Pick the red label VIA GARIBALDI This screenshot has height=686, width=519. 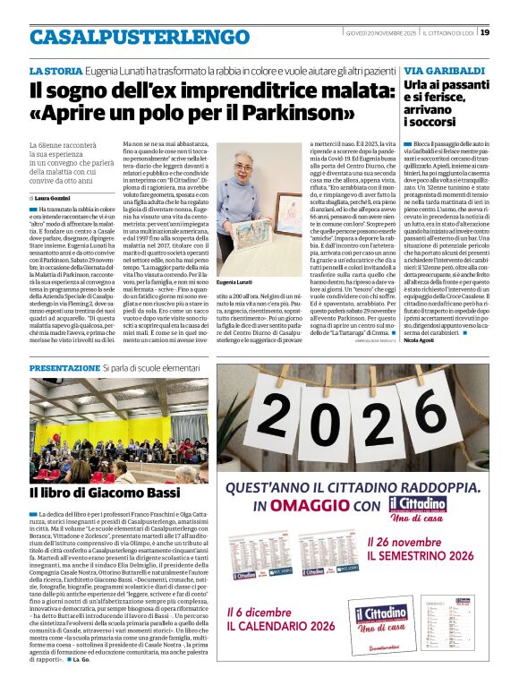coord(445,70)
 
